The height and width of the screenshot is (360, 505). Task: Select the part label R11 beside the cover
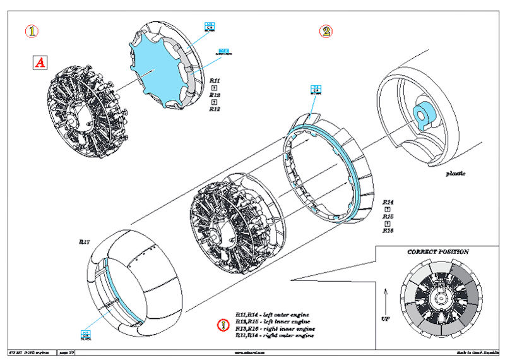pyautogui.click(x=215, y=81)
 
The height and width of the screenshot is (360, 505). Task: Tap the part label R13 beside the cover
pyautogui.click(x=215, y=108)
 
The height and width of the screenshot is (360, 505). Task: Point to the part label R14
pyautogui.click(x=388, y=203)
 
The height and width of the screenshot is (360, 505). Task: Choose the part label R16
pyautogui.click(x=388, y=231)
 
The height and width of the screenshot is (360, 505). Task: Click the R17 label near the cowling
pyautogui.click(x=85, y=241)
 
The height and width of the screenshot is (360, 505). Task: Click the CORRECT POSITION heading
pyautogui.click(x=437, y=252)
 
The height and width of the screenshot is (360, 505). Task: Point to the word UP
pyautogui.click(x=385, y=318)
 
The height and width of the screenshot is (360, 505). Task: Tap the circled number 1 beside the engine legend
pyautogui.click(x=222, y=325)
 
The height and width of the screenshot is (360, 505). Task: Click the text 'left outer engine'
pyautogui.click(x=281, y=314)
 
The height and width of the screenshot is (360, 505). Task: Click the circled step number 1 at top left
pyautogui.click(x=29, y=30)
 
